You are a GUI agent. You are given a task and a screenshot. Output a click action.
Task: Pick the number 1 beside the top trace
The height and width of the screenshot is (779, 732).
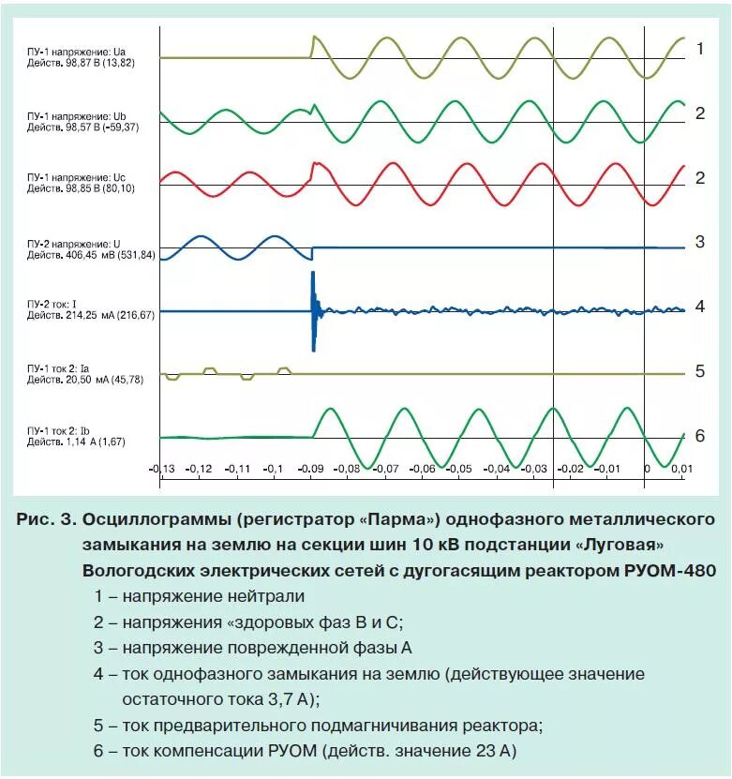click(699, 49)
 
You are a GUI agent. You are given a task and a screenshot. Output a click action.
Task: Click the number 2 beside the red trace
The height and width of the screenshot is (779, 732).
click(699, 178)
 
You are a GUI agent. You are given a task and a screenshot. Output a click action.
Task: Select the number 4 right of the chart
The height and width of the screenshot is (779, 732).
click(699, 307)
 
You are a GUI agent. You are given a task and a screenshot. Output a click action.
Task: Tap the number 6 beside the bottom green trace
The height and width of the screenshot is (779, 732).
click(699, 436)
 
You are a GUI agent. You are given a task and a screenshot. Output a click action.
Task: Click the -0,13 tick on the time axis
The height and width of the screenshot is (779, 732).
click(162, 468)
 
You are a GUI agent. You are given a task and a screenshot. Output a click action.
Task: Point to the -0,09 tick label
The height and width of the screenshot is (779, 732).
click(311, 468)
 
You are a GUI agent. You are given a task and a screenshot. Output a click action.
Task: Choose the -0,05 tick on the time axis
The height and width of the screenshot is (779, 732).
click(460, 468)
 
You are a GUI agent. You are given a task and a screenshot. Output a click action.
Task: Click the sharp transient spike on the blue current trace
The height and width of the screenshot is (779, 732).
click(314, 309)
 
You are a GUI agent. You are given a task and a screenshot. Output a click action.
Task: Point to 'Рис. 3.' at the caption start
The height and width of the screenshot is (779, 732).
click(48, 519)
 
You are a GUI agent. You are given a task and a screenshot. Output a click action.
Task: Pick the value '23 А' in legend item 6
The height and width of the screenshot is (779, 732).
click(493, 751)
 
